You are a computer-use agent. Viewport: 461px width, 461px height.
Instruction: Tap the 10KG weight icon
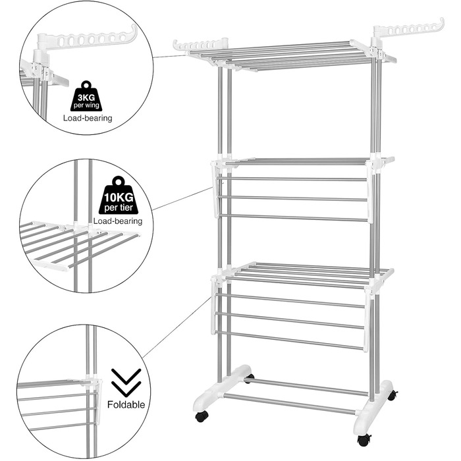[119, 195]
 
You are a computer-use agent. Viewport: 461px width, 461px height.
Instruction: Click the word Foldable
[126, 404]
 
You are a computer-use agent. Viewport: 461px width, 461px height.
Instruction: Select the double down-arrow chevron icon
[126, 381]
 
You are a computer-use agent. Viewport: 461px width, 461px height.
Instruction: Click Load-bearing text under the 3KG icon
[88, 118]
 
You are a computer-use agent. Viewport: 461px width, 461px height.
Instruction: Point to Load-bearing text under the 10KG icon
[118, 221]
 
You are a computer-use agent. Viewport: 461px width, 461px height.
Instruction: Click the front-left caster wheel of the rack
[202, 416]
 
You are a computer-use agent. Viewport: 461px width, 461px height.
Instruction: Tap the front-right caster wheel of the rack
[364, 440]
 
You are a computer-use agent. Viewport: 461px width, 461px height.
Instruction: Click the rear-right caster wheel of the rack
[393, 395]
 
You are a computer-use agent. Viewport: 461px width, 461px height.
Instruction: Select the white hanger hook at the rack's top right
[409, 30]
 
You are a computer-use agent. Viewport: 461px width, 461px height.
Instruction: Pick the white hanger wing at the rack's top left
[200, 45]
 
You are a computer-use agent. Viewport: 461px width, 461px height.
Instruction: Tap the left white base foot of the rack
[222, 389]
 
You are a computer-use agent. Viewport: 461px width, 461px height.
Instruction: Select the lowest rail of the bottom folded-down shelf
[290, 340]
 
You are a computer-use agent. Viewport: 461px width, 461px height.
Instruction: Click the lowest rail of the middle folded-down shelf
[293, 218]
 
